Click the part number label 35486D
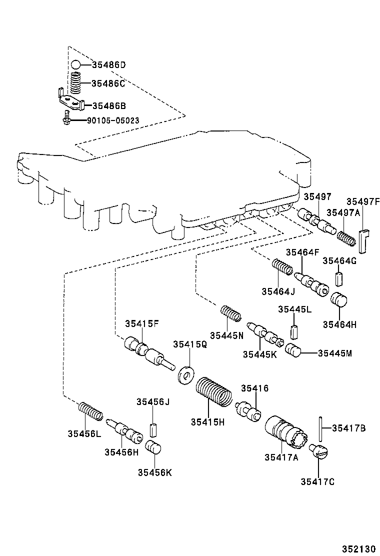(x=109, y=65)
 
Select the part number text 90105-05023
(x=113, y=120)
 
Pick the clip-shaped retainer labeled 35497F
(x=363, y=241)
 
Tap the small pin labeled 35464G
(x=339, y=278)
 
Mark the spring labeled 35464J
(x=282, y=266)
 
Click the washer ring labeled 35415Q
(x=186, y=375)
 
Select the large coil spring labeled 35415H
(x=214, y=392)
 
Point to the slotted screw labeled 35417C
(x=318, y=451)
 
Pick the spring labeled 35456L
(x=90, y=411)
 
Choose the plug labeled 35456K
(x=153, y=447)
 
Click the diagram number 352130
(x=358, y=548)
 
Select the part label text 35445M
(x=334, y=353)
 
